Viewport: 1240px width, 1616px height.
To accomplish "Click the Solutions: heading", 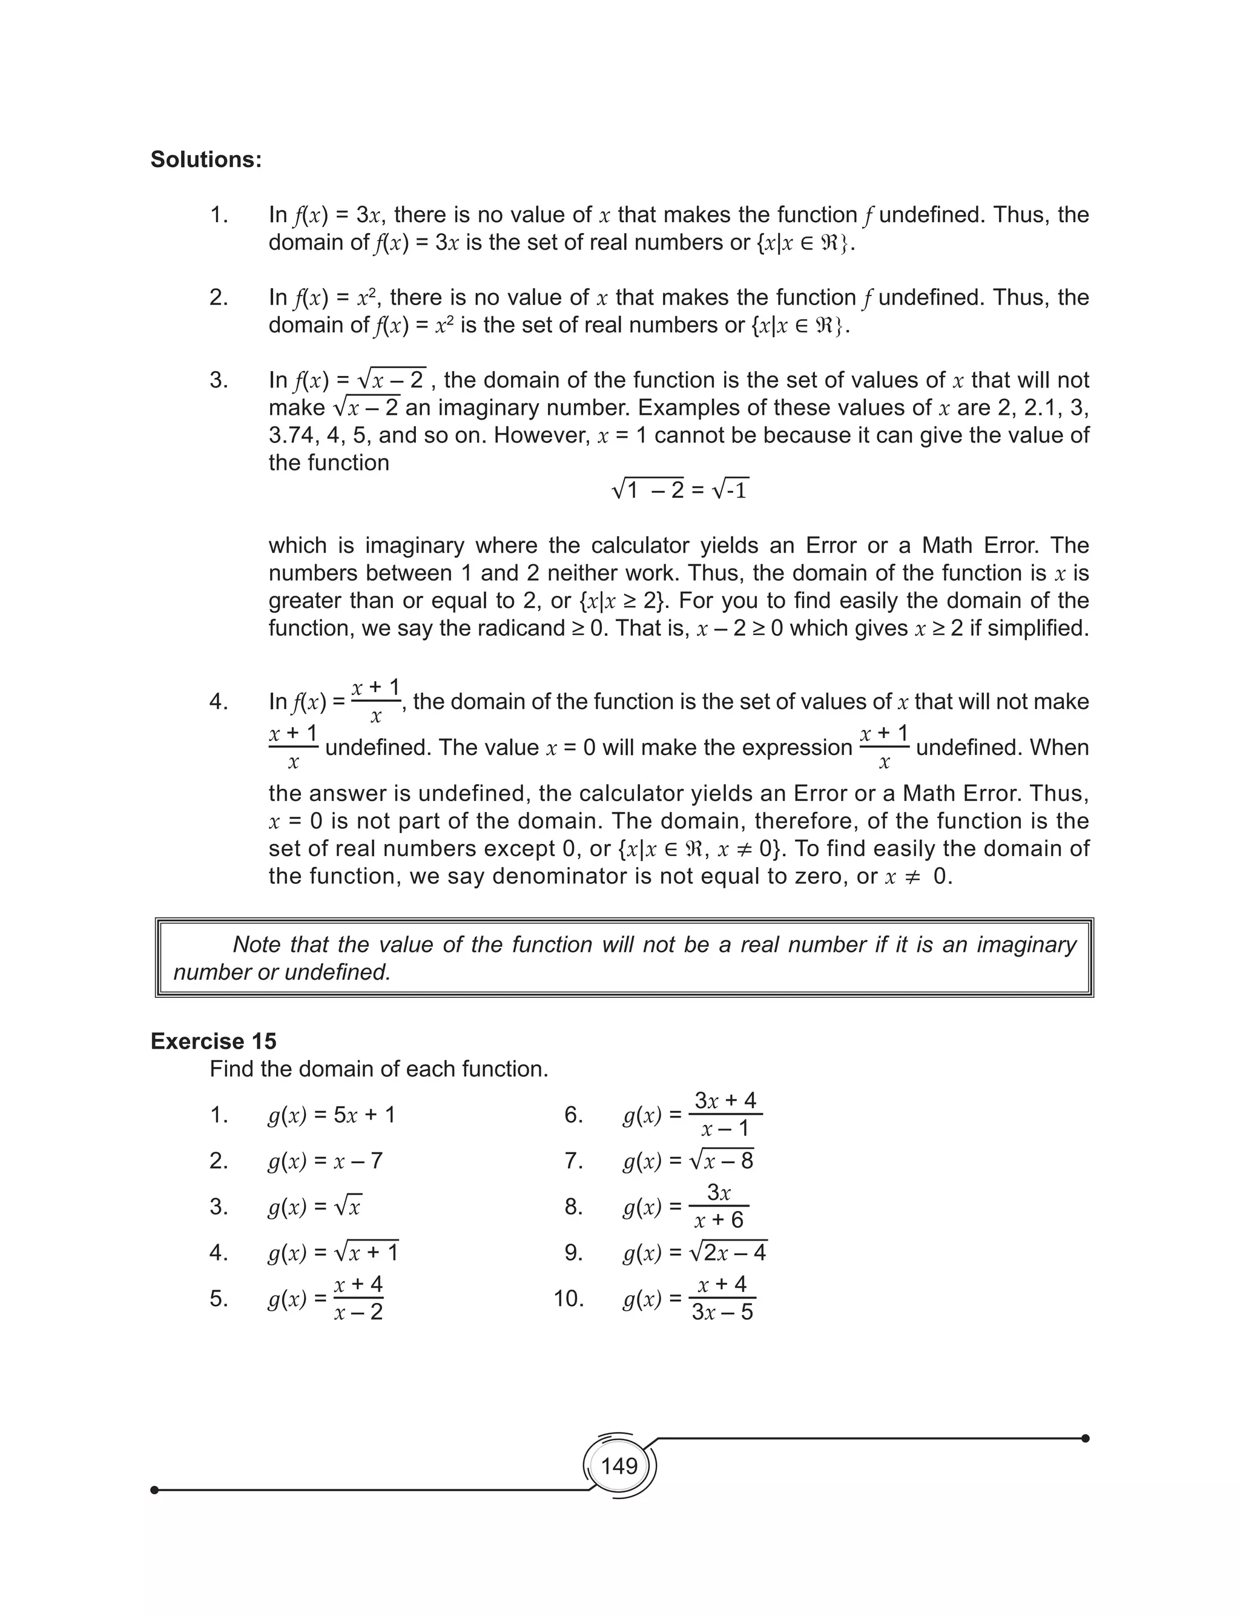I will point(206,159).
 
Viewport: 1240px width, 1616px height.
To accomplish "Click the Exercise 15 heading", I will point(213,1041).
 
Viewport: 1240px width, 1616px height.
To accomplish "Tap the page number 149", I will point(619,1465).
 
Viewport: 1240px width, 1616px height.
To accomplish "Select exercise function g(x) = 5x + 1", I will point(331,1115).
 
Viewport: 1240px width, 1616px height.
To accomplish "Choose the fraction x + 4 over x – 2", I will point(358,1298).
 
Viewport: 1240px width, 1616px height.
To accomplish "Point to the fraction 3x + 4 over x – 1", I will point(725,1114).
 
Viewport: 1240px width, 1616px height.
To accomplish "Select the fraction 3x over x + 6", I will point(718,1207).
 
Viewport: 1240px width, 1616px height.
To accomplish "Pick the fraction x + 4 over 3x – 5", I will point(722,1298).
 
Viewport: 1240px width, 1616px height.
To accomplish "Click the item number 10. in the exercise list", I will point(569,1299).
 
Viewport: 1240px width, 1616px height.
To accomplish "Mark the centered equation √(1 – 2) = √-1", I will point(680,490).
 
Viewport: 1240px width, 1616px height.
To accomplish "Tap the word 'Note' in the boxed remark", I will point(257,945).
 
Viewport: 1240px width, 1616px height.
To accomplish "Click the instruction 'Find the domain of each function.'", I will point(378,1069).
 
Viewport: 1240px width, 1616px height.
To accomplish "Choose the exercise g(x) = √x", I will point(314,1207).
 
